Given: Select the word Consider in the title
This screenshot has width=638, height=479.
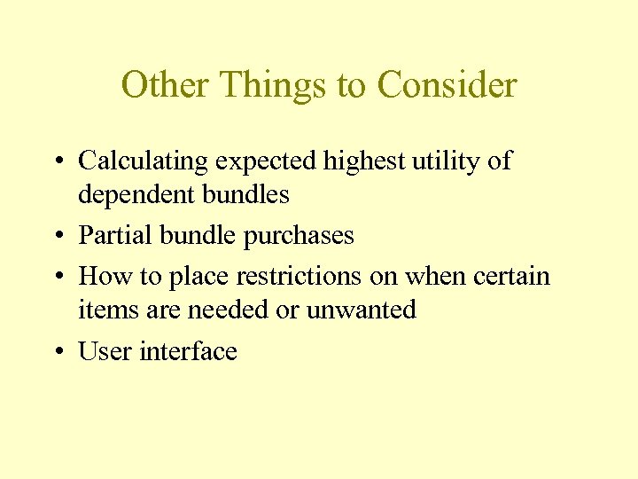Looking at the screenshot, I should [447, 85].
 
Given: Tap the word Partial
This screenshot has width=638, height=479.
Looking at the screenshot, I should [112, 235].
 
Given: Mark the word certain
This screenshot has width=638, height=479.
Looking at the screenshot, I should [512, 276].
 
